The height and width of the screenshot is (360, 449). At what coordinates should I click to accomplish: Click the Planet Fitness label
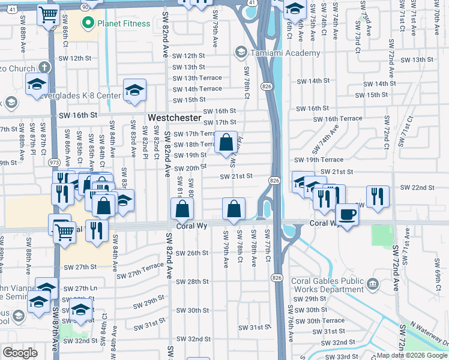[116, 24]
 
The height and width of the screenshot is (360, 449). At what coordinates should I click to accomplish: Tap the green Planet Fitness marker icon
[88, 24]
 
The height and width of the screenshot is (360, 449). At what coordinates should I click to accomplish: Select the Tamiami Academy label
[277, 53]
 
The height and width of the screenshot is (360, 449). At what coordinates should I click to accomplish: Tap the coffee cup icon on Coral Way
[347, 214]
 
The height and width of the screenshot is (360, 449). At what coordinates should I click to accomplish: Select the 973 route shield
[55, 162]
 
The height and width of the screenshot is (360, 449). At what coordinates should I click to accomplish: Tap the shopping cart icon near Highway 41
[48, 15]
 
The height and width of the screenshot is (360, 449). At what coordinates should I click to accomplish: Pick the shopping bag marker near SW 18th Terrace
[226, 143]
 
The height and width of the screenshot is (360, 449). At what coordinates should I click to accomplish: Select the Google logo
[20, 353]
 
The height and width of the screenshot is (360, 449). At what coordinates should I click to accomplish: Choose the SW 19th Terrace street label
[319, 160]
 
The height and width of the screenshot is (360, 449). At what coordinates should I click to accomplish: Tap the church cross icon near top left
[44, 67]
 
